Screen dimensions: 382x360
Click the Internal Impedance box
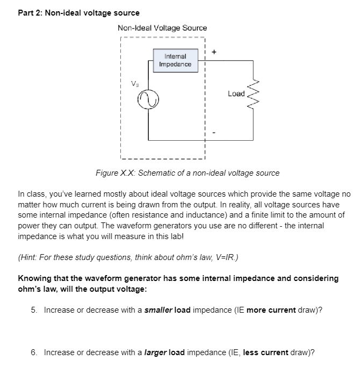click(x=175, y=60)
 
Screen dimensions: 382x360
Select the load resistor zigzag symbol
click(x=249, y=94)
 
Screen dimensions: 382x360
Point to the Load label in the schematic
click(x=236, y=93)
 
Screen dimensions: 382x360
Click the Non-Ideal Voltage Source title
click(x=162, y=27)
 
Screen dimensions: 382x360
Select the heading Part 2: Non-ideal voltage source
click(x=78, y=12)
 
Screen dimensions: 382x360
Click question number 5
click(x=34, y=310)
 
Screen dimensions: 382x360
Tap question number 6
click(x=34, y=352)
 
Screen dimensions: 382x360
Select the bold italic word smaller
click(x=159, y=310)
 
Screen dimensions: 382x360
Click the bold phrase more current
click(x=271, y=310)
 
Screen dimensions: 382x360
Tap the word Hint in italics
click(x=30, y=256)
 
